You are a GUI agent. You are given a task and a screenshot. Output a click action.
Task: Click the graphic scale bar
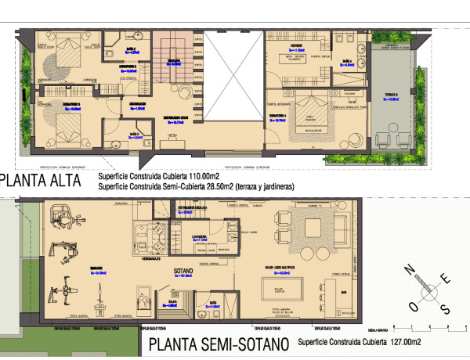tap(431, 324)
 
